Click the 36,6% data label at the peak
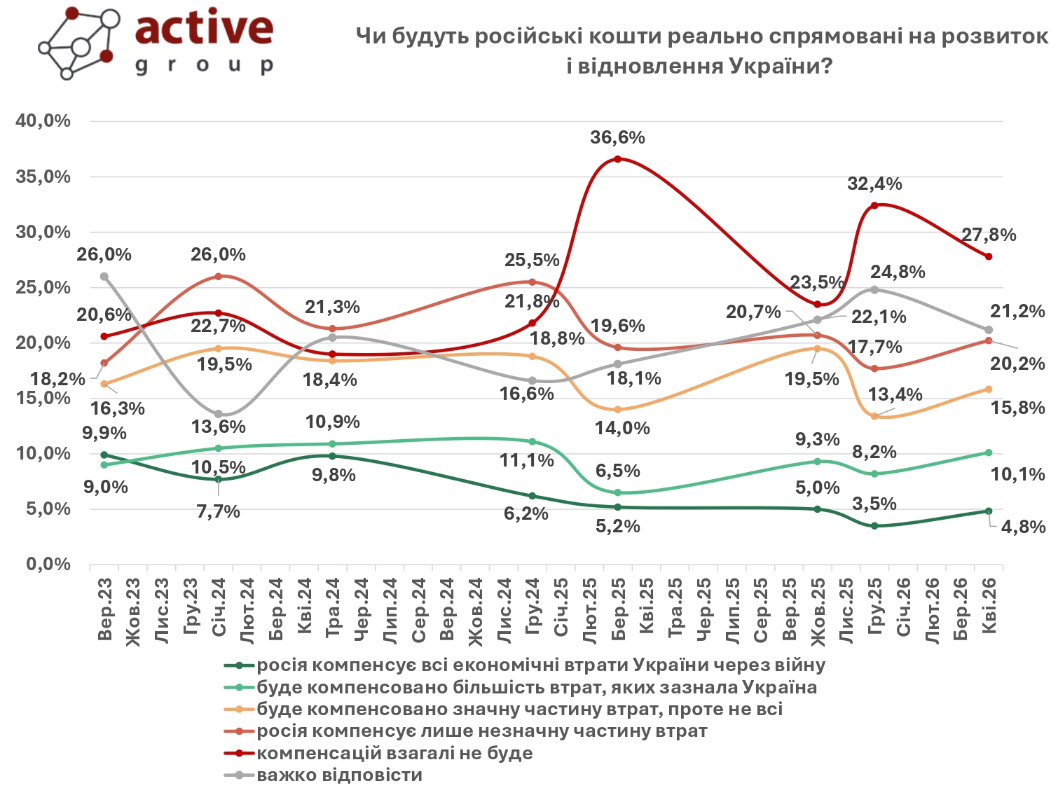[x=617, y=138]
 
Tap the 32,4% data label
[x=874, y=184]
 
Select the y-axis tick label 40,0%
[x=43, y=121]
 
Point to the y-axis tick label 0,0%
[x=48, y=565]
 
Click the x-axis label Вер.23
[x=105, y=609]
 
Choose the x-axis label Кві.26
[x=989, y=607]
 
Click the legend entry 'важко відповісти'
[x=339, y=775]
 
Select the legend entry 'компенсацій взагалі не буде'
[x=394, y=754]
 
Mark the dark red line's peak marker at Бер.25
[x=617, y=159]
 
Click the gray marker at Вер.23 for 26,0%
[x=104, y=277]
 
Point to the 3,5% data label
[x=874, y=504]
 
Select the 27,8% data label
[x=988, y=235]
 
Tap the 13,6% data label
[x=219, y=427]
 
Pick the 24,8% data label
[x=898, y=272]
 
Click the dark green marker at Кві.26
[x=989, y=511]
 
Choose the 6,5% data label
[x=617, y=471]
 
